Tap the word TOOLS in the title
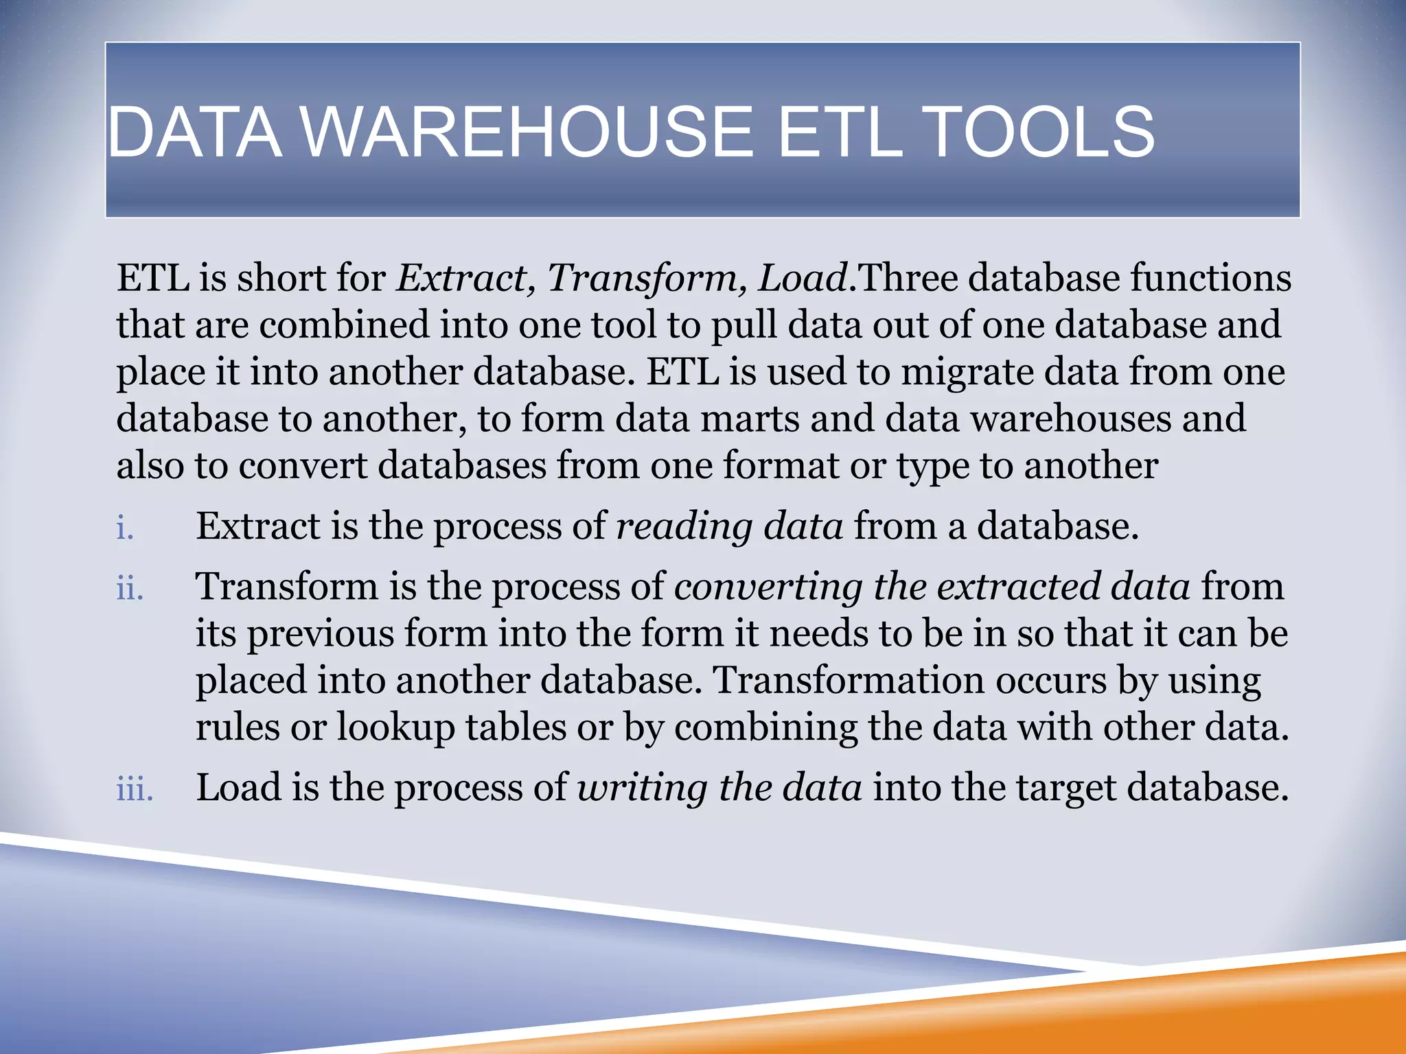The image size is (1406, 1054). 1041,132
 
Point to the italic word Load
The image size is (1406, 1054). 802,279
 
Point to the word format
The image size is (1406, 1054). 781,466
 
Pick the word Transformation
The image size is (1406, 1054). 849,681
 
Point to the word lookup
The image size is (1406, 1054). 395,728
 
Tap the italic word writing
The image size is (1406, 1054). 642,788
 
